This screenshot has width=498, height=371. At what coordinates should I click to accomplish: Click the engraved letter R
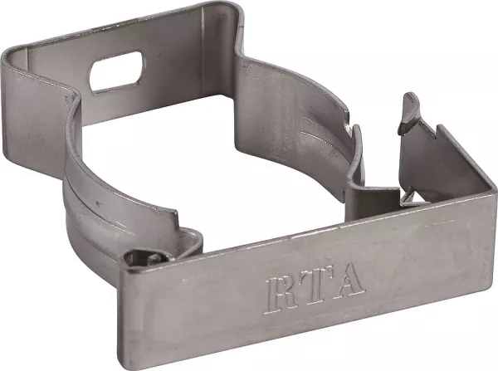click(x=280, y=295)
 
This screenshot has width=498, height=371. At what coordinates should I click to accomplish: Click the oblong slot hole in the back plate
click(x=115, y=73)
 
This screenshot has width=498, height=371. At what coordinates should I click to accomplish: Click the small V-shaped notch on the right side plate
click(x=434, y=133)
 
